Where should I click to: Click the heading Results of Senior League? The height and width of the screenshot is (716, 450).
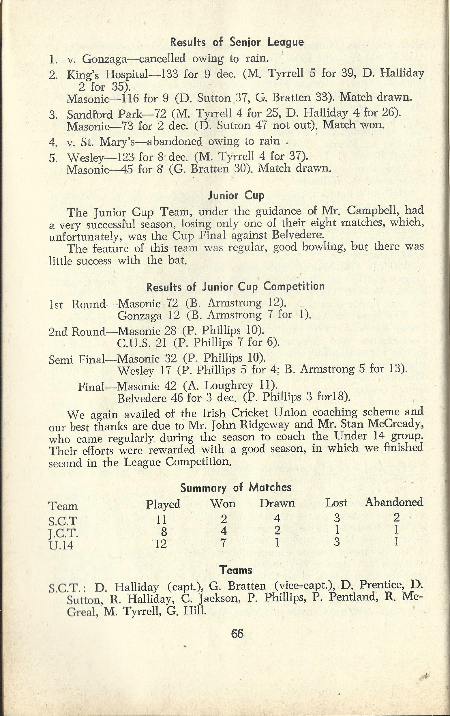point(237,42)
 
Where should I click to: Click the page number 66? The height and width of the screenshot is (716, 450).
point(237,634)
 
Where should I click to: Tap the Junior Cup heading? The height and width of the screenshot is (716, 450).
point(236,196)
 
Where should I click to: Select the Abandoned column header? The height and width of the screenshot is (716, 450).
point(394,502)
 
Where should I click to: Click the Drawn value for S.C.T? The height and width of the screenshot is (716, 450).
point(277,519)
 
